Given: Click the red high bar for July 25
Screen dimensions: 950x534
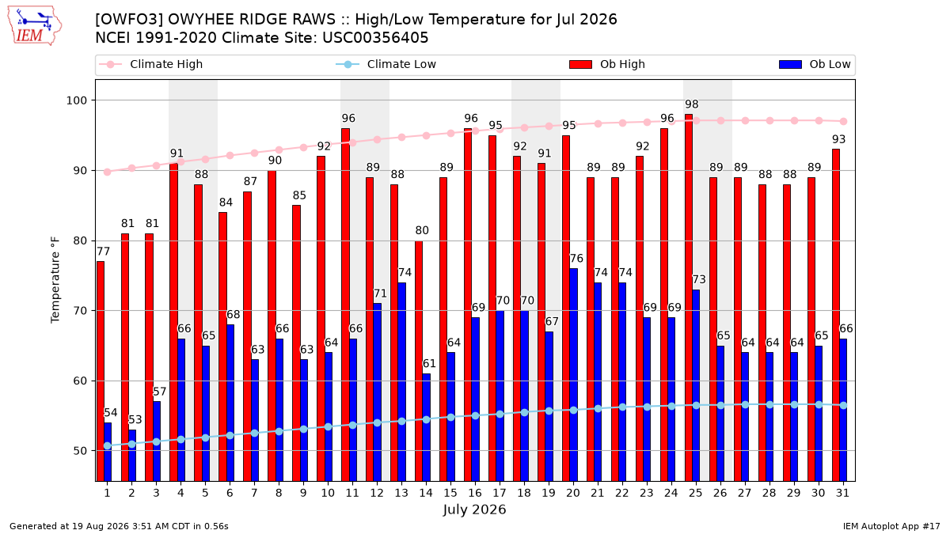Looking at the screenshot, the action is click(688, 297).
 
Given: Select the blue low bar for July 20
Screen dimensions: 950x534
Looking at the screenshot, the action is click(573, 375).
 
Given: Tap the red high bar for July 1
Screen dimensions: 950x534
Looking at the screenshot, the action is click(100, 371).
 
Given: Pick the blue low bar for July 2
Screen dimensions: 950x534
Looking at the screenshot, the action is click(132, 455).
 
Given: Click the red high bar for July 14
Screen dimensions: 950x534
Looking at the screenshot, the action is click(419, 361).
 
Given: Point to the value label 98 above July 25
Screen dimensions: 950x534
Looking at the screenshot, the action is click(691, 104).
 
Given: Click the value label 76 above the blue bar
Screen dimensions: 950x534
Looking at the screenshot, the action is click(576, 259).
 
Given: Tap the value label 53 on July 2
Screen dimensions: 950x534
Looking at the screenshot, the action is click(135, 419).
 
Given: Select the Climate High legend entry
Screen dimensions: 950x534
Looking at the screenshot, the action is click(150, 64).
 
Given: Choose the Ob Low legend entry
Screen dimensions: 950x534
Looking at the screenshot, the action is click(815, 64).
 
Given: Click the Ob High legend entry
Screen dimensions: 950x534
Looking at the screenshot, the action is click(607, 64).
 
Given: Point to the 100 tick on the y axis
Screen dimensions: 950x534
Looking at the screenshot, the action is click(76, 100).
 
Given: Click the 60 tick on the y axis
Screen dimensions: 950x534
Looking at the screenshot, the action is click(80, 381).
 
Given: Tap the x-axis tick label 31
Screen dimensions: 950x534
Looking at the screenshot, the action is click(842, 493).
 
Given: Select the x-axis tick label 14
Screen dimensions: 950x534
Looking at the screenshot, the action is click(426, 493).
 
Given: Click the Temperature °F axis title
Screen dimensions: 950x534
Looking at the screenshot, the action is click(55, 281).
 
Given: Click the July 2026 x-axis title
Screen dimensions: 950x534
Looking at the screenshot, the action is click(474, 509).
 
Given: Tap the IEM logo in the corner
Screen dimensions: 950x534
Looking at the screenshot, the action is click(35, 26).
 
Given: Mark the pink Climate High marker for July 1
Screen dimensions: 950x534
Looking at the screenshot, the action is click(108, 172).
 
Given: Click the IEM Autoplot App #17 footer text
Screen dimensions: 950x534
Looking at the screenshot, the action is click(891, 526).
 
